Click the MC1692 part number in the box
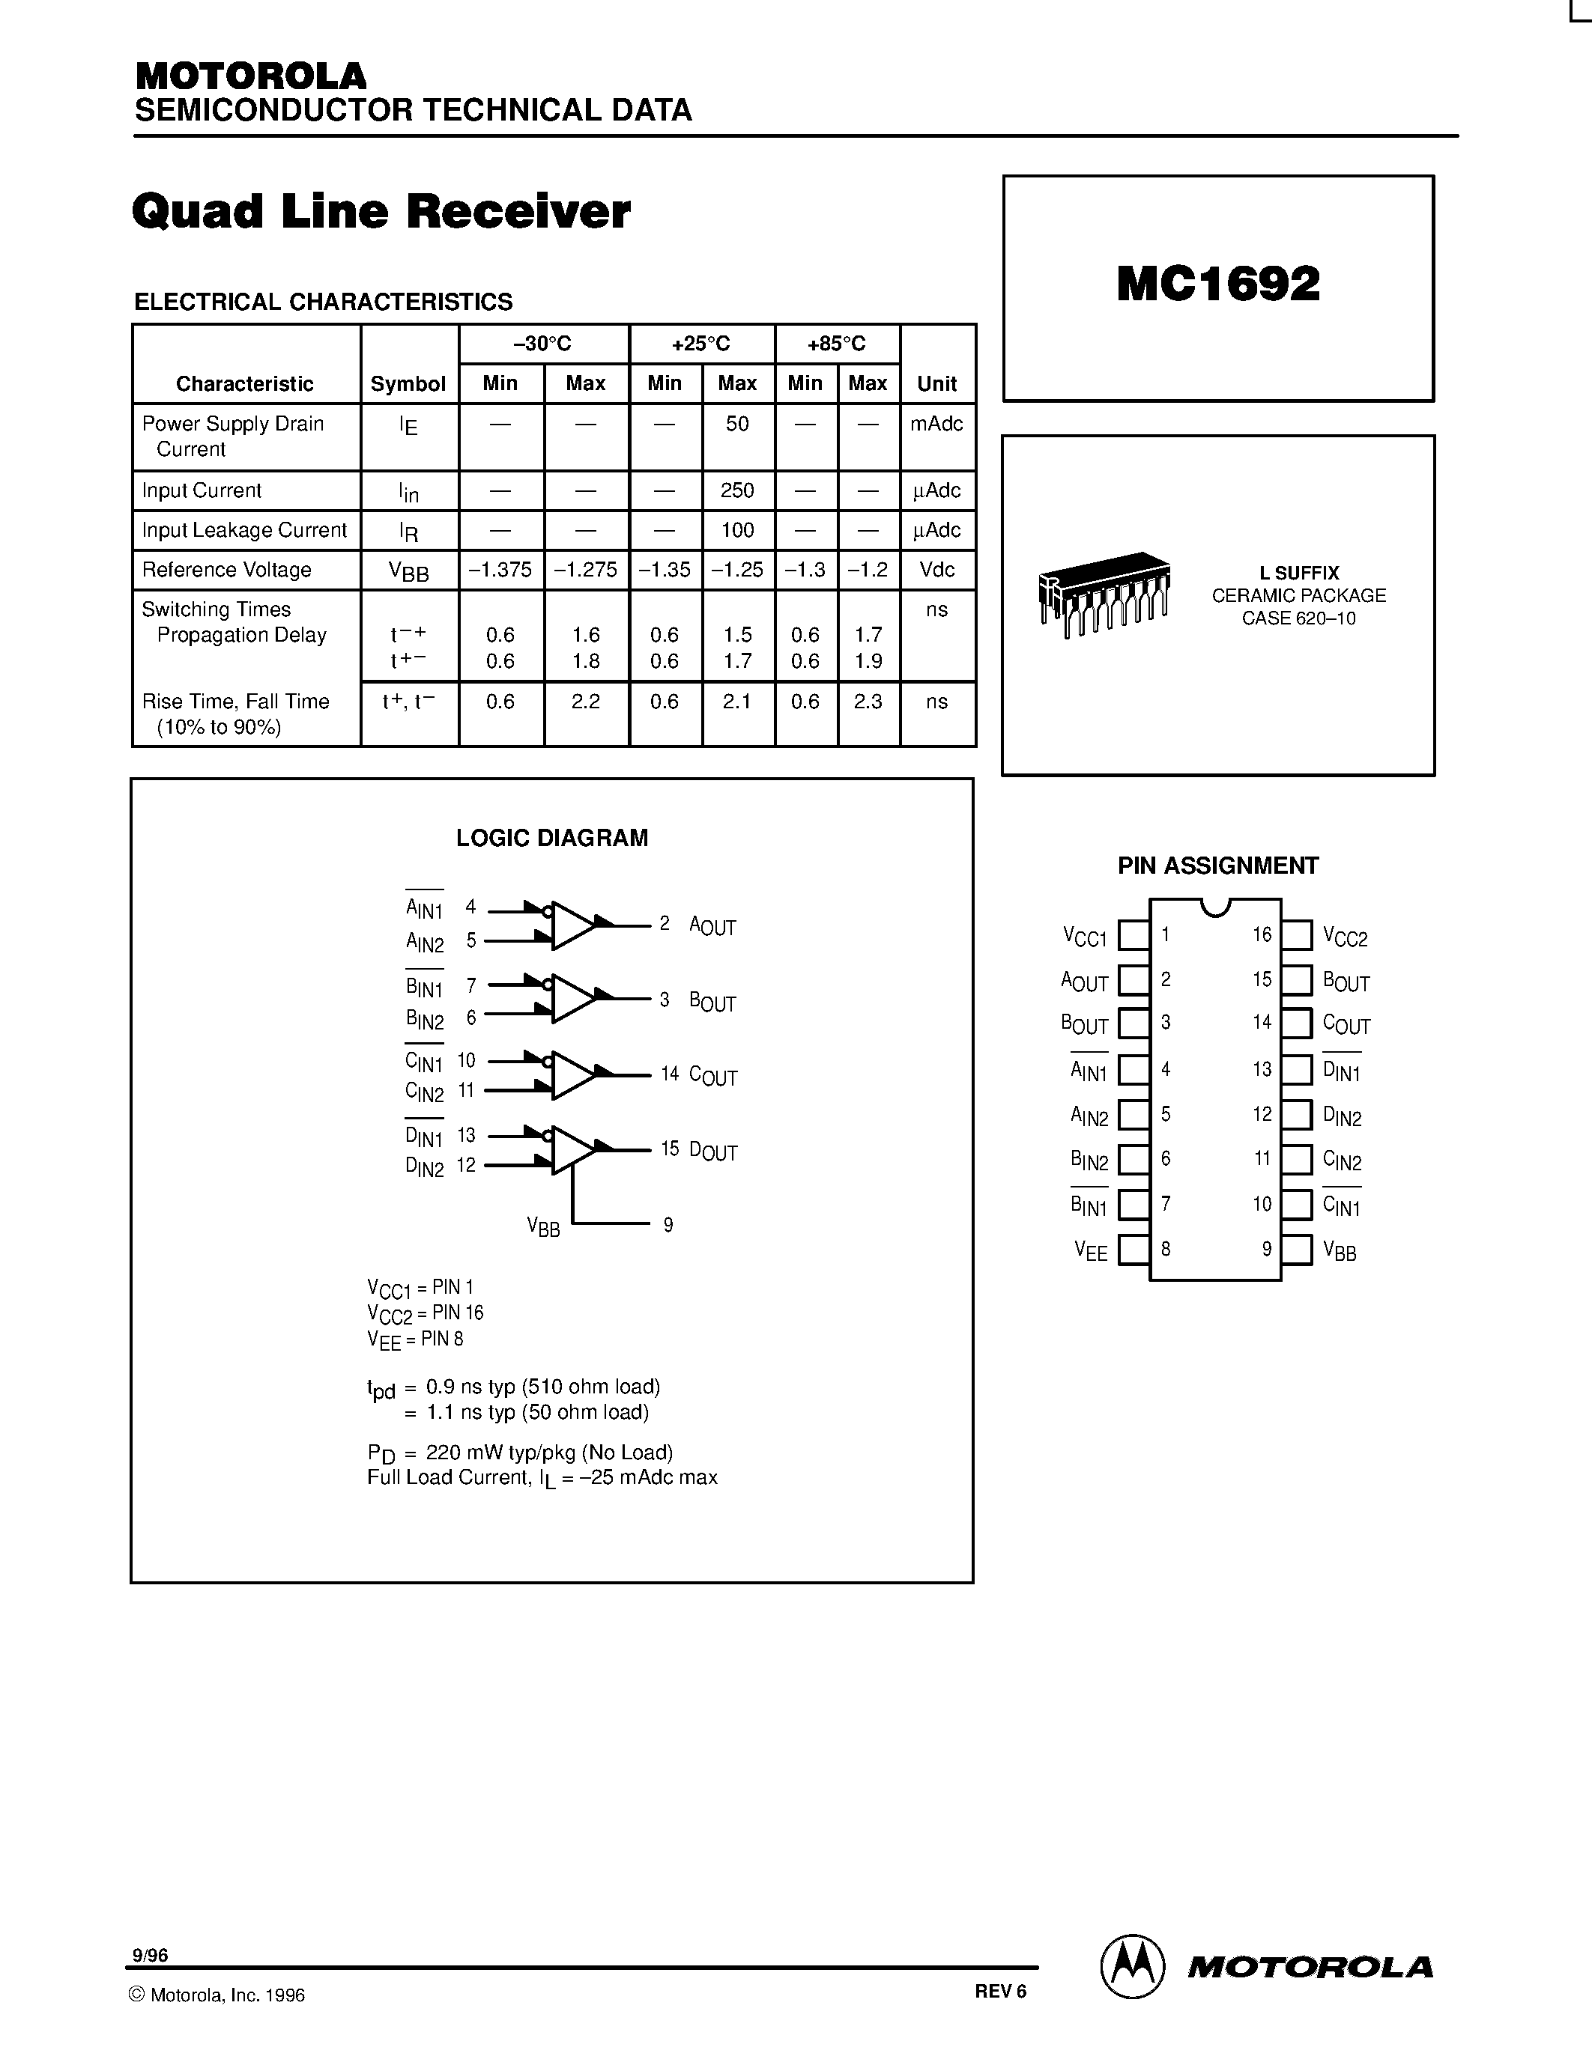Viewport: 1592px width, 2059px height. (1217, 285)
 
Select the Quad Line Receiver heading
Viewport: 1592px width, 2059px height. (381, 211)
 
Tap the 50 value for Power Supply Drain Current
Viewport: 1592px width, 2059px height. (736, 425)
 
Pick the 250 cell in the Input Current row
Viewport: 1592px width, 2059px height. (736, 490)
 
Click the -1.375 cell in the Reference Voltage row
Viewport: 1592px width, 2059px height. (500, 570)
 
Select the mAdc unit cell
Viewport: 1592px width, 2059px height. (936, 425)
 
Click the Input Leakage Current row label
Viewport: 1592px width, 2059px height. (244, 530)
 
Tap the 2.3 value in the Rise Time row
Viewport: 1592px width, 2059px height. (868, 702)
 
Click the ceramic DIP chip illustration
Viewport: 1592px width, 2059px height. (1104, 593)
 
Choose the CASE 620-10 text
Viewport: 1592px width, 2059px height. (1298, 618)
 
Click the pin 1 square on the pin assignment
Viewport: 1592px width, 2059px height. (1133, 935)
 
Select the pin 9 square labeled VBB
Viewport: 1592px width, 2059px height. (1297, 1250)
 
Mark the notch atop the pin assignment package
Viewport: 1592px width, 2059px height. (1216, 907)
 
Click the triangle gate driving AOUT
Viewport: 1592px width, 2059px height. (572, 925)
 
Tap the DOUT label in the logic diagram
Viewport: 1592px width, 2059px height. (713, 1151)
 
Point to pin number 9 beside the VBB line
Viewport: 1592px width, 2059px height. (668, 1225)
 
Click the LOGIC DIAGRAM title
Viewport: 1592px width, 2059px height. (551, 838)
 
